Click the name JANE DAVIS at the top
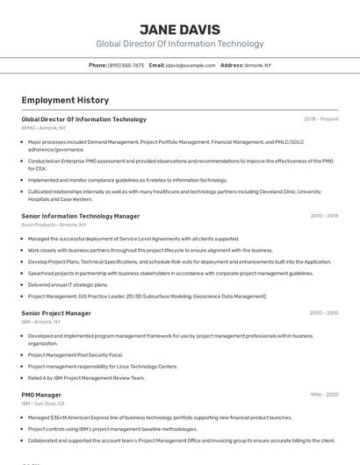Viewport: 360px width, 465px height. (179, 29)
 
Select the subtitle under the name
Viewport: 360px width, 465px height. (179, 44)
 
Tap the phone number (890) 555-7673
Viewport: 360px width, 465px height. (126, 65)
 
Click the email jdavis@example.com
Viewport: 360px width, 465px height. (191, 65)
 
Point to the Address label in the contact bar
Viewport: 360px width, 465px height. (232, 65)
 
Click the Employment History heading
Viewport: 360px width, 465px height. (59, 100)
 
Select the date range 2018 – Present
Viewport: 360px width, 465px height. (320, 119)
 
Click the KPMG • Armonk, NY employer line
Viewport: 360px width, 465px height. (44, 128)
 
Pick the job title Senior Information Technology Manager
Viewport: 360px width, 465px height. (80, 216)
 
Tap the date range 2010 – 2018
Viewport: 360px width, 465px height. (324, 216)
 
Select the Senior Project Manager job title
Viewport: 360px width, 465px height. (56, 313)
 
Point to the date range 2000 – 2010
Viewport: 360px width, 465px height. (324, 313)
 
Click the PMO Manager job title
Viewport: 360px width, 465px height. (41, 395)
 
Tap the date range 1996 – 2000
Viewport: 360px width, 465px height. (324, 395)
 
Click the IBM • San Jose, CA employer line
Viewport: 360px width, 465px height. (43, 404)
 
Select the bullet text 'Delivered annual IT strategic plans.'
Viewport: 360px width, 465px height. (68, 285)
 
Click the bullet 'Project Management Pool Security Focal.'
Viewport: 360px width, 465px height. (75, 355)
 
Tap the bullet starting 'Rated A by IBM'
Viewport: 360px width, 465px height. (86, 378)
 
